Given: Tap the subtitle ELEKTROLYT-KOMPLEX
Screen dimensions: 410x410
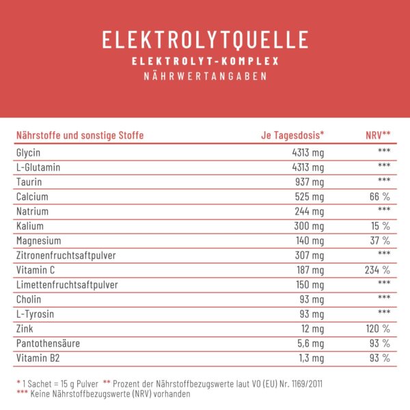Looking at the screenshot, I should point(205,61).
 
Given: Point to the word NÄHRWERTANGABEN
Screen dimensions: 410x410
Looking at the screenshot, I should point(205,77).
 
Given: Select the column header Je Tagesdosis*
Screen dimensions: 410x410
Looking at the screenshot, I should point(292,135).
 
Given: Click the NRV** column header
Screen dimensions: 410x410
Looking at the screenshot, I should point(378,135).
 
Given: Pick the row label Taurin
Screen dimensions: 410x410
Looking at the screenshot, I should point(27,182).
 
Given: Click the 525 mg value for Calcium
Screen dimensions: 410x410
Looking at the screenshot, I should point(308,197).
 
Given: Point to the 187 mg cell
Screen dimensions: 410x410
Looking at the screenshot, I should point(308,270).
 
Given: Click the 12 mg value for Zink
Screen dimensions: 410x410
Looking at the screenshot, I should point(311,329).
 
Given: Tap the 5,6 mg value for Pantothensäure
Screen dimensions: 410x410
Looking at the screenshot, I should point(309,344).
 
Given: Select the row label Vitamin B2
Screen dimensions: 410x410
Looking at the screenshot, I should point(36,358).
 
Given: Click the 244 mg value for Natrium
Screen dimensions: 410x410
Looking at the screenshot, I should point(308,211).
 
